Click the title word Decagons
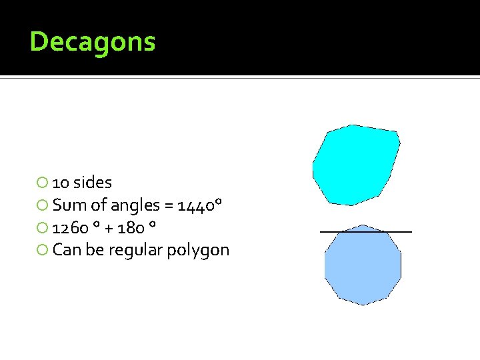pyautogui.click(x=93, y=42)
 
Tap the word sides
pyautogui.click(x=93, y=182)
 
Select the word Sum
pyautogui.click(x=67, y=205)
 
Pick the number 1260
pyautogui.click(x=71, y=228)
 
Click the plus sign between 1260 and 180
pyautogui.click(x=109, y=229)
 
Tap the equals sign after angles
pyautogui.click(x=167, y=206)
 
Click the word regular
pyautogui.click(x=131, y=251)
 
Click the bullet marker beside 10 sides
pyautogui.click(x=43, y=183)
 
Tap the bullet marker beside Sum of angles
pyautogui.click(x=43, y=205)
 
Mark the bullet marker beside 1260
pyautogui.click(x=43, y=228)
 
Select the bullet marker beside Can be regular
pyautogui.click(x=43, y=251)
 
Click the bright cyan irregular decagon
pyautogui.click(x=355, y=165)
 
